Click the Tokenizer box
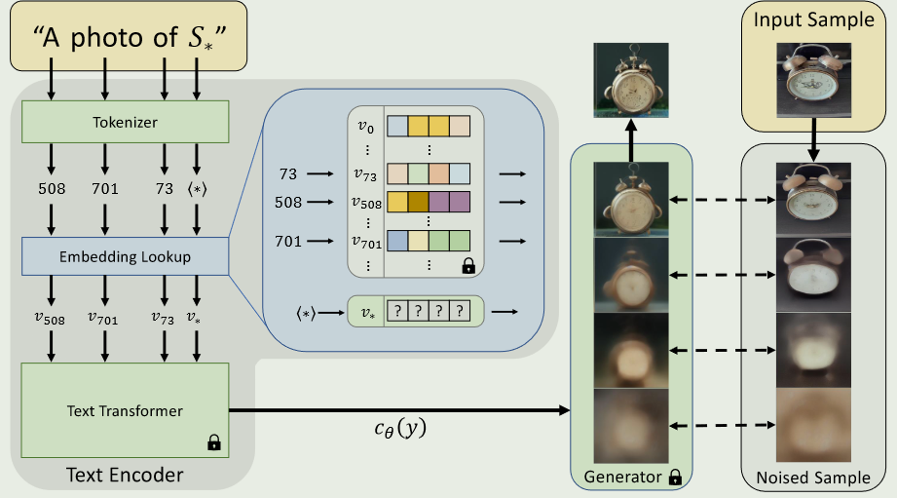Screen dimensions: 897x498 (126, 122)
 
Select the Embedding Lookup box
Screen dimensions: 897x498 (126, 256)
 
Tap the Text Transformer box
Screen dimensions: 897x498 (126, 410)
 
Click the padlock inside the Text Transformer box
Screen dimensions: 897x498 (214, 441)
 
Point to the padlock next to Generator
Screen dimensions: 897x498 (675, 477)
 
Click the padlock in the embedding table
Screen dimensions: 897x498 (468, 266)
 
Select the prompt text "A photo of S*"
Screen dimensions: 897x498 (130, 38)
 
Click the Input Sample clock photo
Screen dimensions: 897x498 (813, 80)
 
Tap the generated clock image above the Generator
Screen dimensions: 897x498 (631, 80)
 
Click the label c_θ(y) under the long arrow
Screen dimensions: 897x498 (400, 428)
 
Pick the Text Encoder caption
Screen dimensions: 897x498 (125, 476)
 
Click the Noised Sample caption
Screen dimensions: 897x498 (813, 478)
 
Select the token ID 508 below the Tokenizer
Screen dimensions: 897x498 (52, 189)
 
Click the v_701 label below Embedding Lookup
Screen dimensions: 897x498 (103, 319)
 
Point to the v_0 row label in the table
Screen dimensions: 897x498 (366, 127)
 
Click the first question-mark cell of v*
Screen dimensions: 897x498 (397, 311)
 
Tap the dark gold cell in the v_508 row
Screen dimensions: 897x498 (418, 202)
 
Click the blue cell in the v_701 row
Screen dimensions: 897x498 (397, 241)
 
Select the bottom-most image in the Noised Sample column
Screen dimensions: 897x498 (813, 425)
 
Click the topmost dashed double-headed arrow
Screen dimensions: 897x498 (723, 200)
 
